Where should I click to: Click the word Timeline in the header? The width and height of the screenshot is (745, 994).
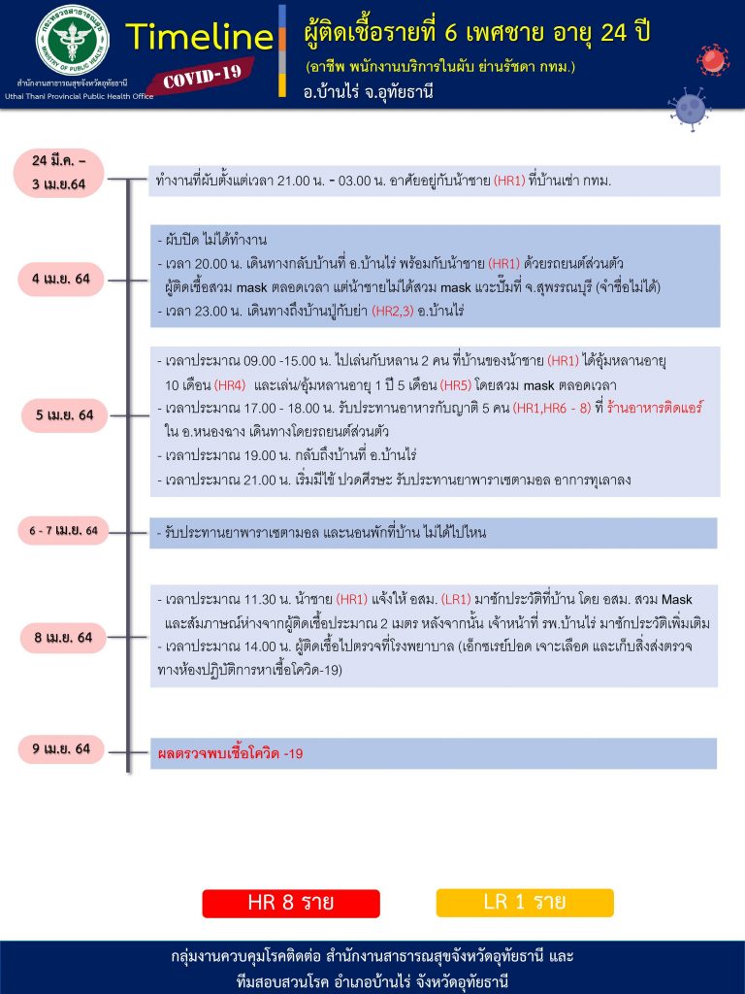pos(199,37)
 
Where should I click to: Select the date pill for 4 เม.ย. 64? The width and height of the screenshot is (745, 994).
pos(61,280)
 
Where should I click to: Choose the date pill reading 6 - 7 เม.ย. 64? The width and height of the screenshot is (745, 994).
pos(63,531)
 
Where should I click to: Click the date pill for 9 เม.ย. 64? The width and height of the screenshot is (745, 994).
pos(61,748)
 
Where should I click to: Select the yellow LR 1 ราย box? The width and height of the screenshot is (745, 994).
pos(525,902)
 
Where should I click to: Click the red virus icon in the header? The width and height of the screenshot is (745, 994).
pos(712,61)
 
